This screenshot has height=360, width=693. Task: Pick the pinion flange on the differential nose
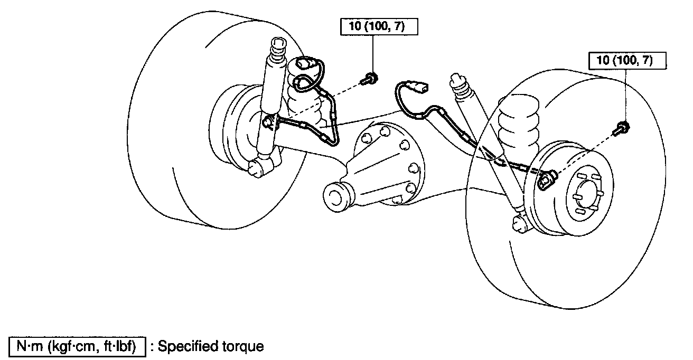coord(336,196)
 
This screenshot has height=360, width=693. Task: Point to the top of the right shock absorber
coord(457,82)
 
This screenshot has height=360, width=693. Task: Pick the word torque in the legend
coord(241,347)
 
